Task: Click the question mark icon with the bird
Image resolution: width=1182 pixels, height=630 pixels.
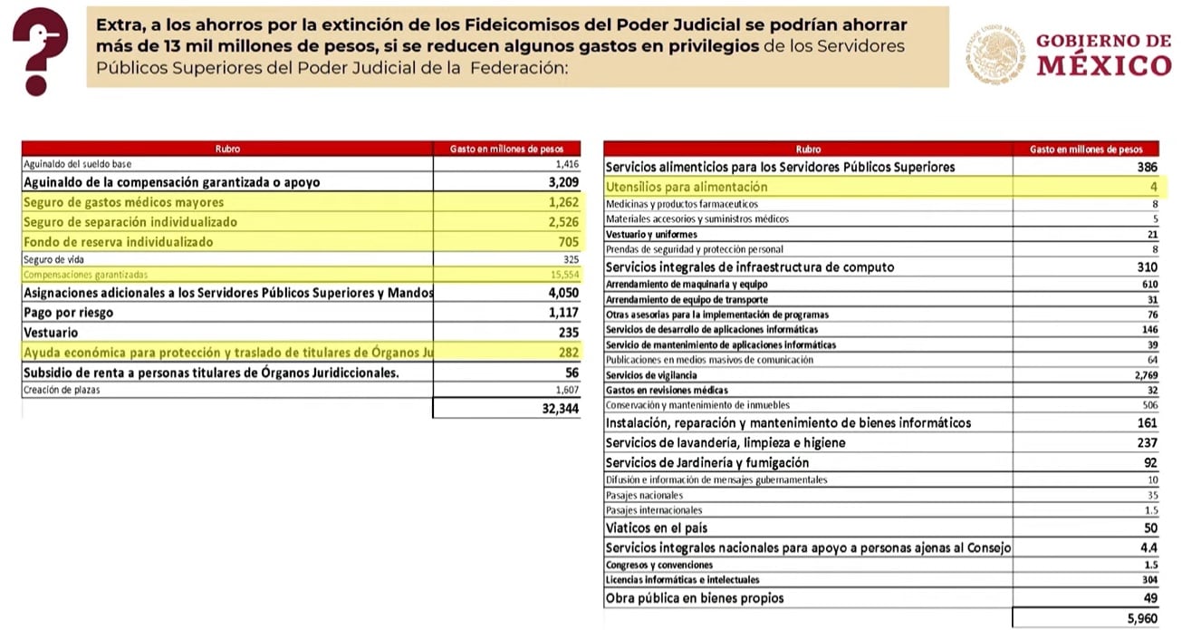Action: click(x=40, y=49)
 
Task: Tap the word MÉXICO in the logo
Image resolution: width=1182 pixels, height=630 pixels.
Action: click(x=1103, y=65)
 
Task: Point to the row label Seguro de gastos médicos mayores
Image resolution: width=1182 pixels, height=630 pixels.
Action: click(x=123, y=202)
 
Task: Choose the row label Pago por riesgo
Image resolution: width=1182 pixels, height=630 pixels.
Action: click(x=68, y=313)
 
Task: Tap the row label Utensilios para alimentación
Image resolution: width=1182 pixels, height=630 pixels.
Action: click(x=686, y=187)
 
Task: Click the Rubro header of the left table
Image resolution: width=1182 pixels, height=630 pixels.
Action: click(x=227, y=149)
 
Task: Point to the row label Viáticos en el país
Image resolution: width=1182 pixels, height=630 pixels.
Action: click(x=657, y=528)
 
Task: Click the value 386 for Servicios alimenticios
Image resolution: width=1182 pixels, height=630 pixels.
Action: click(x=1146, y=167)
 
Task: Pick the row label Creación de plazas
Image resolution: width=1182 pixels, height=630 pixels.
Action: click(x=61, y=390)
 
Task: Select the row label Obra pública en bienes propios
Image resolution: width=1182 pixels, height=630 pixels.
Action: click(x=694, y=598)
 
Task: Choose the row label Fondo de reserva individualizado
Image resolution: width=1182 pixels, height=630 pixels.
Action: click(x=118, y=242)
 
